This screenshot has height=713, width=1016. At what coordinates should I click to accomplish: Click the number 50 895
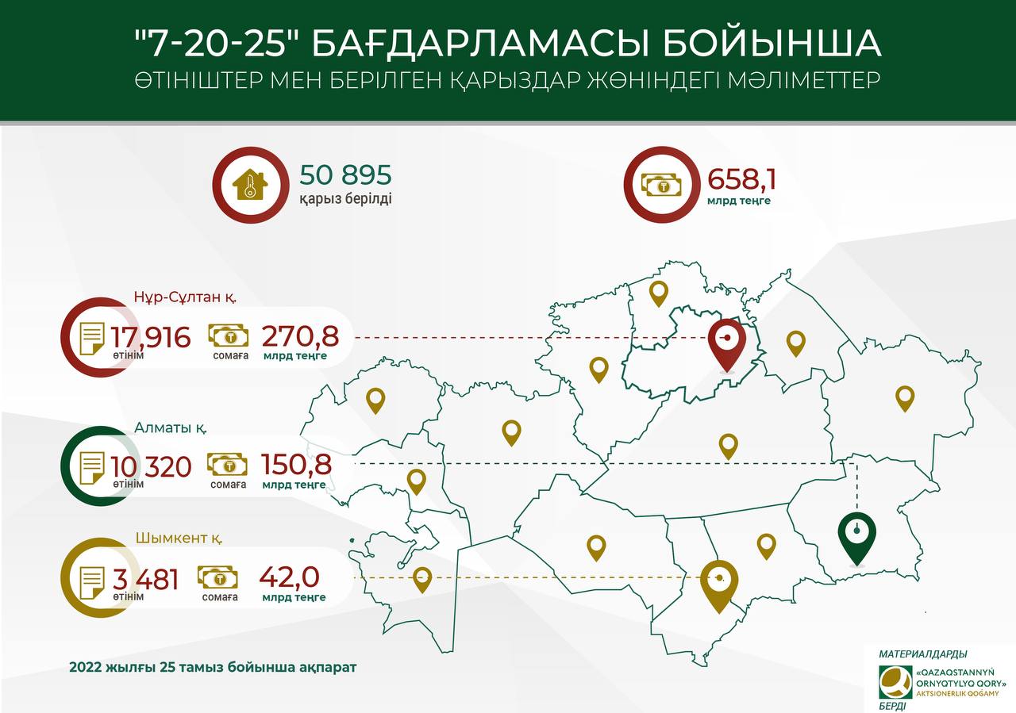(x=345, y=175)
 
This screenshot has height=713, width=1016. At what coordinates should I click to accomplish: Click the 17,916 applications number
(x=151, y=337)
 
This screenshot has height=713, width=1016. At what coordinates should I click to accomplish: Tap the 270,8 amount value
(x=300, y=336)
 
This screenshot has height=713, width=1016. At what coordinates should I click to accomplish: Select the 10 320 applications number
(x=151, y=466)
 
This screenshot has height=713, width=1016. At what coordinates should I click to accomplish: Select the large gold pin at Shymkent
(x=718, y=585)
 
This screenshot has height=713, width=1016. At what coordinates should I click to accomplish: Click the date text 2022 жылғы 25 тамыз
(x=213, y=667)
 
